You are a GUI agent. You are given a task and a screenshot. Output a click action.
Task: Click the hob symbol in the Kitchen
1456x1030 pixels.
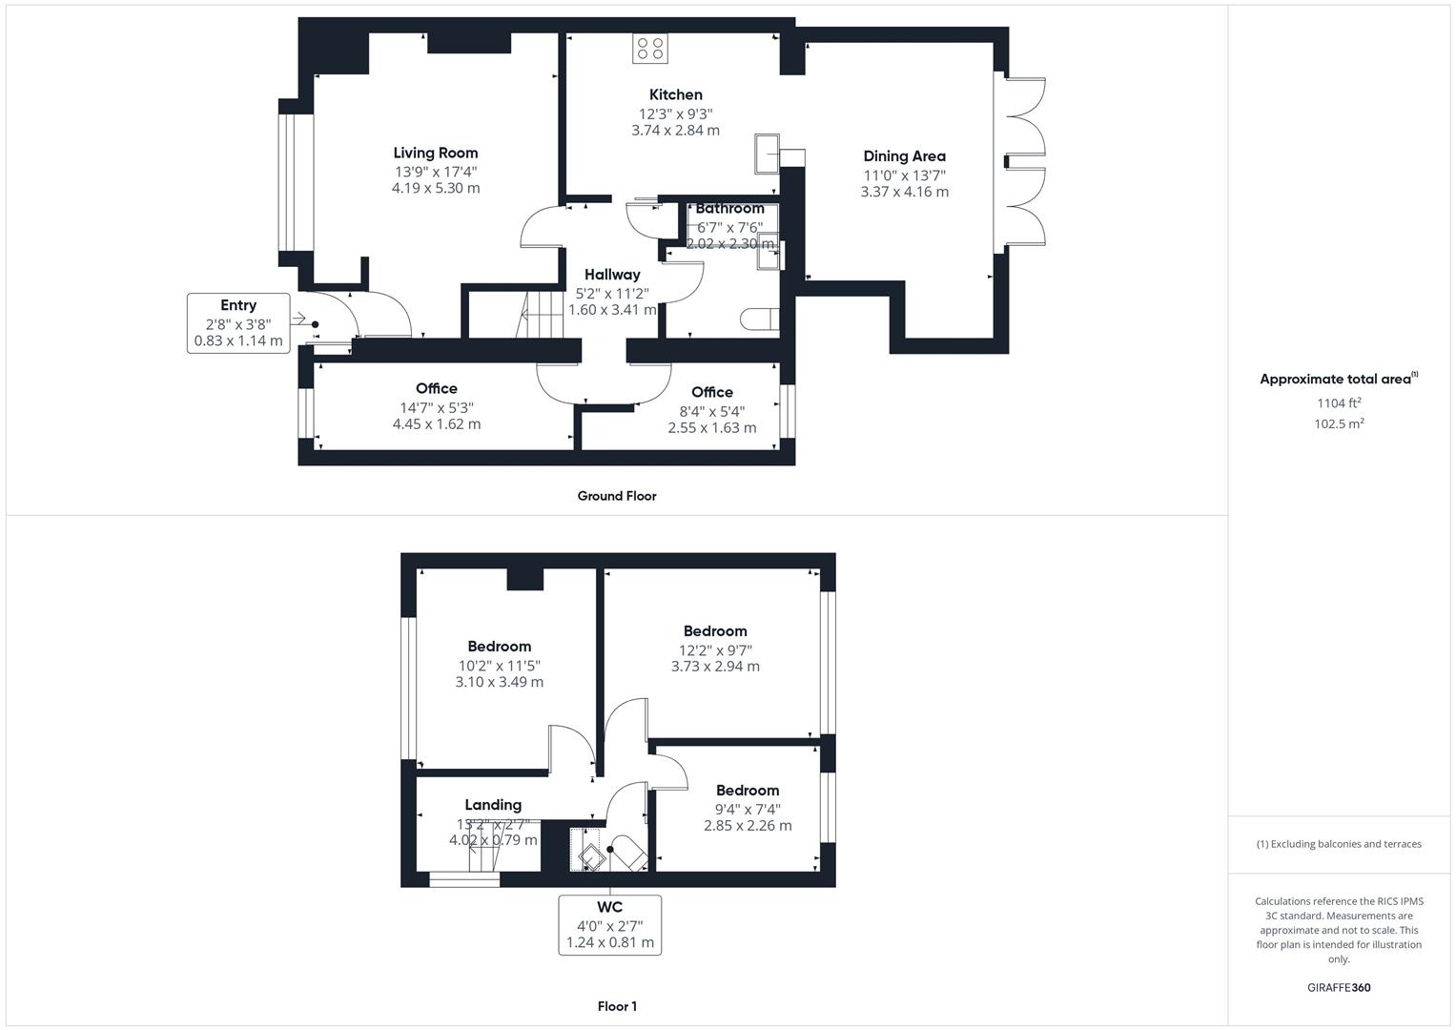pos(650,49)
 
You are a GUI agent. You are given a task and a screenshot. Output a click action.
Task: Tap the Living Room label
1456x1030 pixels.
pos(436,153)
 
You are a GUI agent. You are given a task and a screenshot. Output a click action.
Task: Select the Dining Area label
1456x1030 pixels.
pos(904,156)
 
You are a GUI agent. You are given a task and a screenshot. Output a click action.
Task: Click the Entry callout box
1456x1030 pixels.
pos(238,323)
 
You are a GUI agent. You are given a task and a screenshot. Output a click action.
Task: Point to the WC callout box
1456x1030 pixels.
pos(610,924)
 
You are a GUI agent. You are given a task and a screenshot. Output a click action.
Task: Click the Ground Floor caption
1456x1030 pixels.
pos(617,496)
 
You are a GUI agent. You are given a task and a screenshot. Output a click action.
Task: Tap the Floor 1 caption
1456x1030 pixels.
pos(617,1006)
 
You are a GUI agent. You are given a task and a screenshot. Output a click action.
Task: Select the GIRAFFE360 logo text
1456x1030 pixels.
pos(1338,987)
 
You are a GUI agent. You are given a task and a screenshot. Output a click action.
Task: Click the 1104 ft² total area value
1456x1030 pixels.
pos(1338,402)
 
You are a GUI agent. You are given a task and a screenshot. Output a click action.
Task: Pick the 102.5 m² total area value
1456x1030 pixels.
pos(1338,424)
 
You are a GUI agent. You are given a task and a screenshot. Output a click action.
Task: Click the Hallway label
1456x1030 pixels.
pos(612,275)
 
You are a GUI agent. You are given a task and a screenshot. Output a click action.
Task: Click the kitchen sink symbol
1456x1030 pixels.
pos(767,154)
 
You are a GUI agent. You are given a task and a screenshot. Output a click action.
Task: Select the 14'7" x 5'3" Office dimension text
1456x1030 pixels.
pos(437,407)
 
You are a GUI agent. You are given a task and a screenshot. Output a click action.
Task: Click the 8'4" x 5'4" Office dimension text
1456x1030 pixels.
pos(711,411)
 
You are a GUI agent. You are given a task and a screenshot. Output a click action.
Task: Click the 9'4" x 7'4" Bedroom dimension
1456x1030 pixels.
pos(748,810)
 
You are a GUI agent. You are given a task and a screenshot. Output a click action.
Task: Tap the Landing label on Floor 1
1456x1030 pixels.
pos(493,805)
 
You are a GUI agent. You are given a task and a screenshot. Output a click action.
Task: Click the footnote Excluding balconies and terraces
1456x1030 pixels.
pos(1339,844)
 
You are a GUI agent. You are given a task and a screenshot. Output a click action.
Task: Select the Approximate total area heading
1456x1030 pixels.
pos(1338,379)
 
